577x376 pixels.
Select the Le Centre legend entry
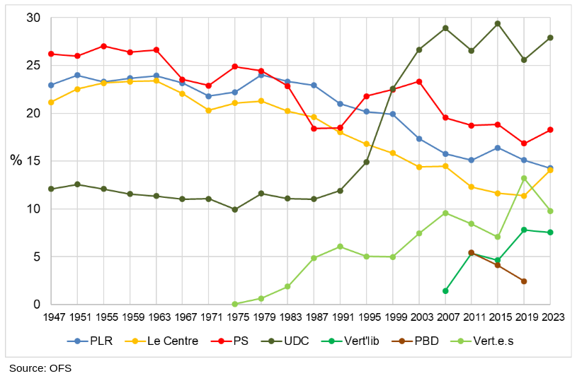pos(169,341)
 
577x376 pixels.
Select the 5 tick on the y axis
pos(37,257)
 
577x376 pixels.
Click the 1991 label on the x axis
pos(340,317)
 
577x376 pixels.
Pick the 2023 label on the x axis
pos(550,317)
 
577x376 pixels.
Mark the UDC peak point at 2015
pos(498,23)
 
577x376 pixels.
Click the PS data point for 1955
pos(103,46)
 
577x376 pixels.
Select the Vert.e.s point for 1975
pos(235,304)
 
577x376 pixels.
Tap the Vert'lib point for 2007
pos(445,290)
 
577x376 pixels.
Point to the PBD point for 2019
pos(524,281)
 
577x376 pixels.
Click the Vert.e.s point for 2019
pos(524,178)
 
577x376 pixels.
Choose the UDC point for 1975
pos(235,209)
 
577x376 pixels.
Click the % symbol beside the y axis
pos(16,160)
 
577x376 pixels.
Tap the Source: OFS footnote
pos(40,368)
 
